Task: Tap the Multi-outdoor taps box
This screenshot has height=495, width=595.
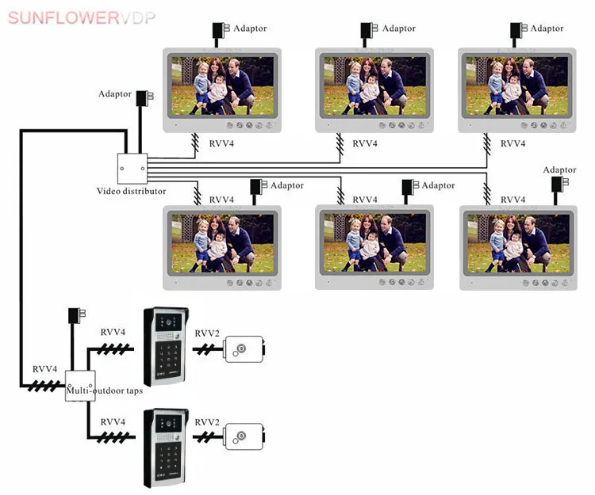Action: [79, 386]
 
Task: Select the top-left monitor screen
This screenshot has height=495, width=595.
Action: [222, 86]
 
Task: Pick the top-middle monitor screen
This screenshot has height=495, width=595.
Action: [374, 86]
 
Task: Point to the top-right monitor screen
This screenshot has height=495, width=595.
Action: [517, 86]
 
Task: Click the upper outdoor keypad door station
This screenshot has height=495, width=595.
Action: [166, 345]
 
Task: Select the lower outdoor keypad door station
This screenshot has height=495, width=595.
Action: [166, 447]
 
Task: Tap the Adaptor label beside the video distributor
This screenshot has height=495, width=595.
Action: [115, 94]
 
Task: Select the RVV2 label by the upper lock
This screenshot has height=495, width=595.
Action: [207, 333]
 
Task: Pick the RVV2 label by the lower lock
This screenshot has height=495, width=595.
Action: [207, 421]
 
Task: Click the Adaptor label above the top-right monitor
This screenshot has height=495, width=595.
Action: [547, 29]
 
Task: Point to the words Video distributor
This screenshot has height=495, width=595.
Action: [132, 191]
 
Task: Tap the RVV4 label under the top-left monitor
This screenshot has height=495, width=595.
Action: [221, 143]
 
